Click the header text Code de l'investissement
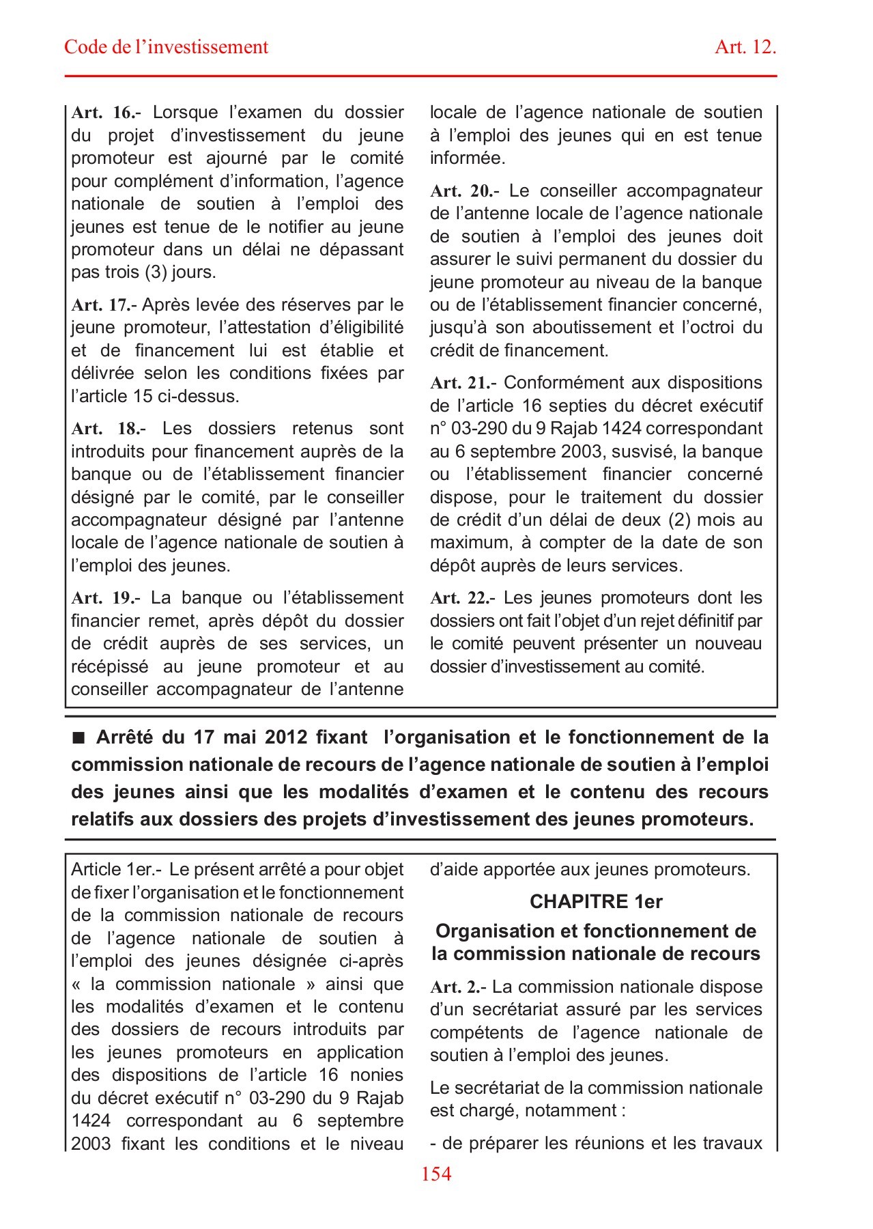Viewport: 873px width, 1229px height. pos(166,47)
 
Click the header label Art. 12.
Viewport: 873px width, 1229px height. pos(745,47)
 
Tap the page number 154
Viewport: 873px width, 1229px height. pos(436,1174)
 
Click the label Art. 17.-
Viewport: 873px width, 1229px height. pos(104,305)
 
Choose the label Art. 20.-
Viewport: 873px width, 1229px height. pos(464,191)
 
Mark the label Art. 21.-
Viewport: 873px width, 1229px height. pos(463,383)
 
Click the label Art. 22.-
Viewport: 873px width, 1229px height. pos(463,598)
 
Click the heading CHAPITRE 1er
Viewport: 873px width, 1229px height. pos(596,902)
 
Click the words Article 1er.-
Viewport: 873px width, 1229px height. pos(116,870)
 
